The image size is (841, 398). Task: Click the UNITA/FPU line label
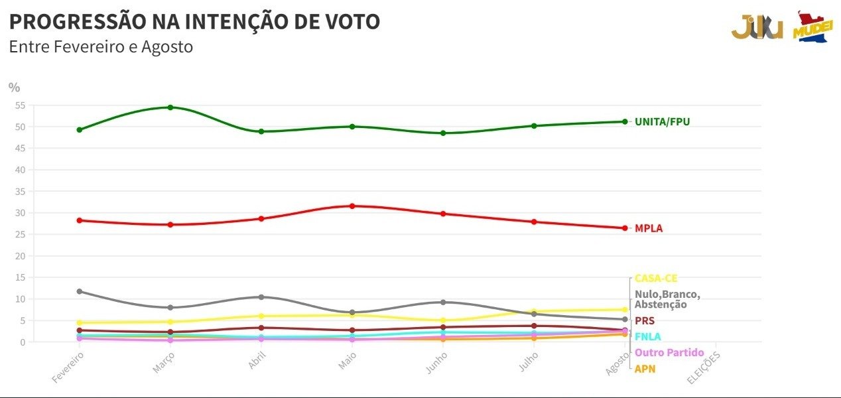(662, 122)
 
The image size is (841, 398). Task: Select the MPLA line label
(648, 228)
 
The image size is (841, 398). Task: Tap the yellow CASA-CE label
(656, 279)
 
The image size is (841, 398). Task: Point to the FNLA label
(647, 337)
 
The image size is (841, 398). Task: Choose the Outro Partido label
(669, 353)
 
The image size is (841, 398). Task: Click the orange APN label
(645, 369)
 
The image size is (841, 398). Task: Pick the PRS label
(644, 321)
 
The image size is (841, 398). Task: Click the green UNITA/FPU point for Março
(170, 107)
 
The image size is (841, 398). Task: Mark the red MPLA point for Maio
(352, 206)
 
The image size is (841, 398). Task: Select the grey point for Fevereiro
(80, 291)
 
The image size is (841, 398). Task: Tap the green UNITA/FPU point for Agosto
(625, 121)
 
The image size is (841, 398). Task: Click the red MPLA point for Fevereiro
(80, 220)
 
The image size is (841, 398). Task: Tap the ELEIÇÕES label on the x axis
(704, 367)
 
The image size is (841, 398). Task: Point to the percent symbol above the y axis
(15, 87)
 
